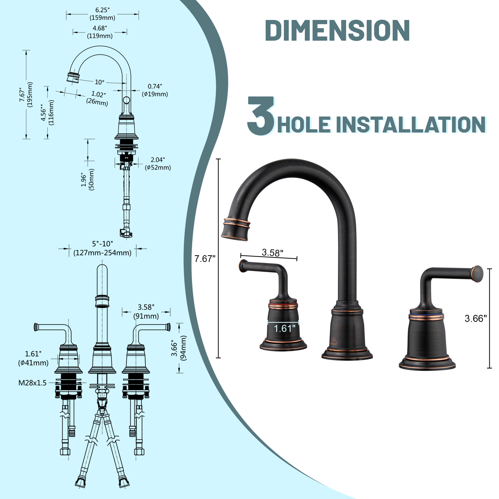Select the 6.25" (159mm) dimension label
(x=102, y=14)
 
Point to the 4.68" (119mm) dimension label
(x=100, y=32)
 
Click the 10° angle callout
(x=100, y=82)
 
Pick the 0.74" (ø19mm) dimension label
(x=155, y=90)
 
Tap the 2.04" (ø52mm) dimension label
(x=158, y=164)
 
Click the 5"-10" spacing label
(x=103, y=248)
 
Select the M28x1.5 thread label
(x=32, y=383)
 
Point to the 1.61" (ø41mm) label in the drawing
(x=33, y=358)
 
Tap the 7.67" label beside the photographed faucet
(x=205, y=259)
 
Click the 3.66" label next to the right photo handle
(x=476, y=318)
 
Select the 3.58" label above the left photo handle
(x=272, y=252)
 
